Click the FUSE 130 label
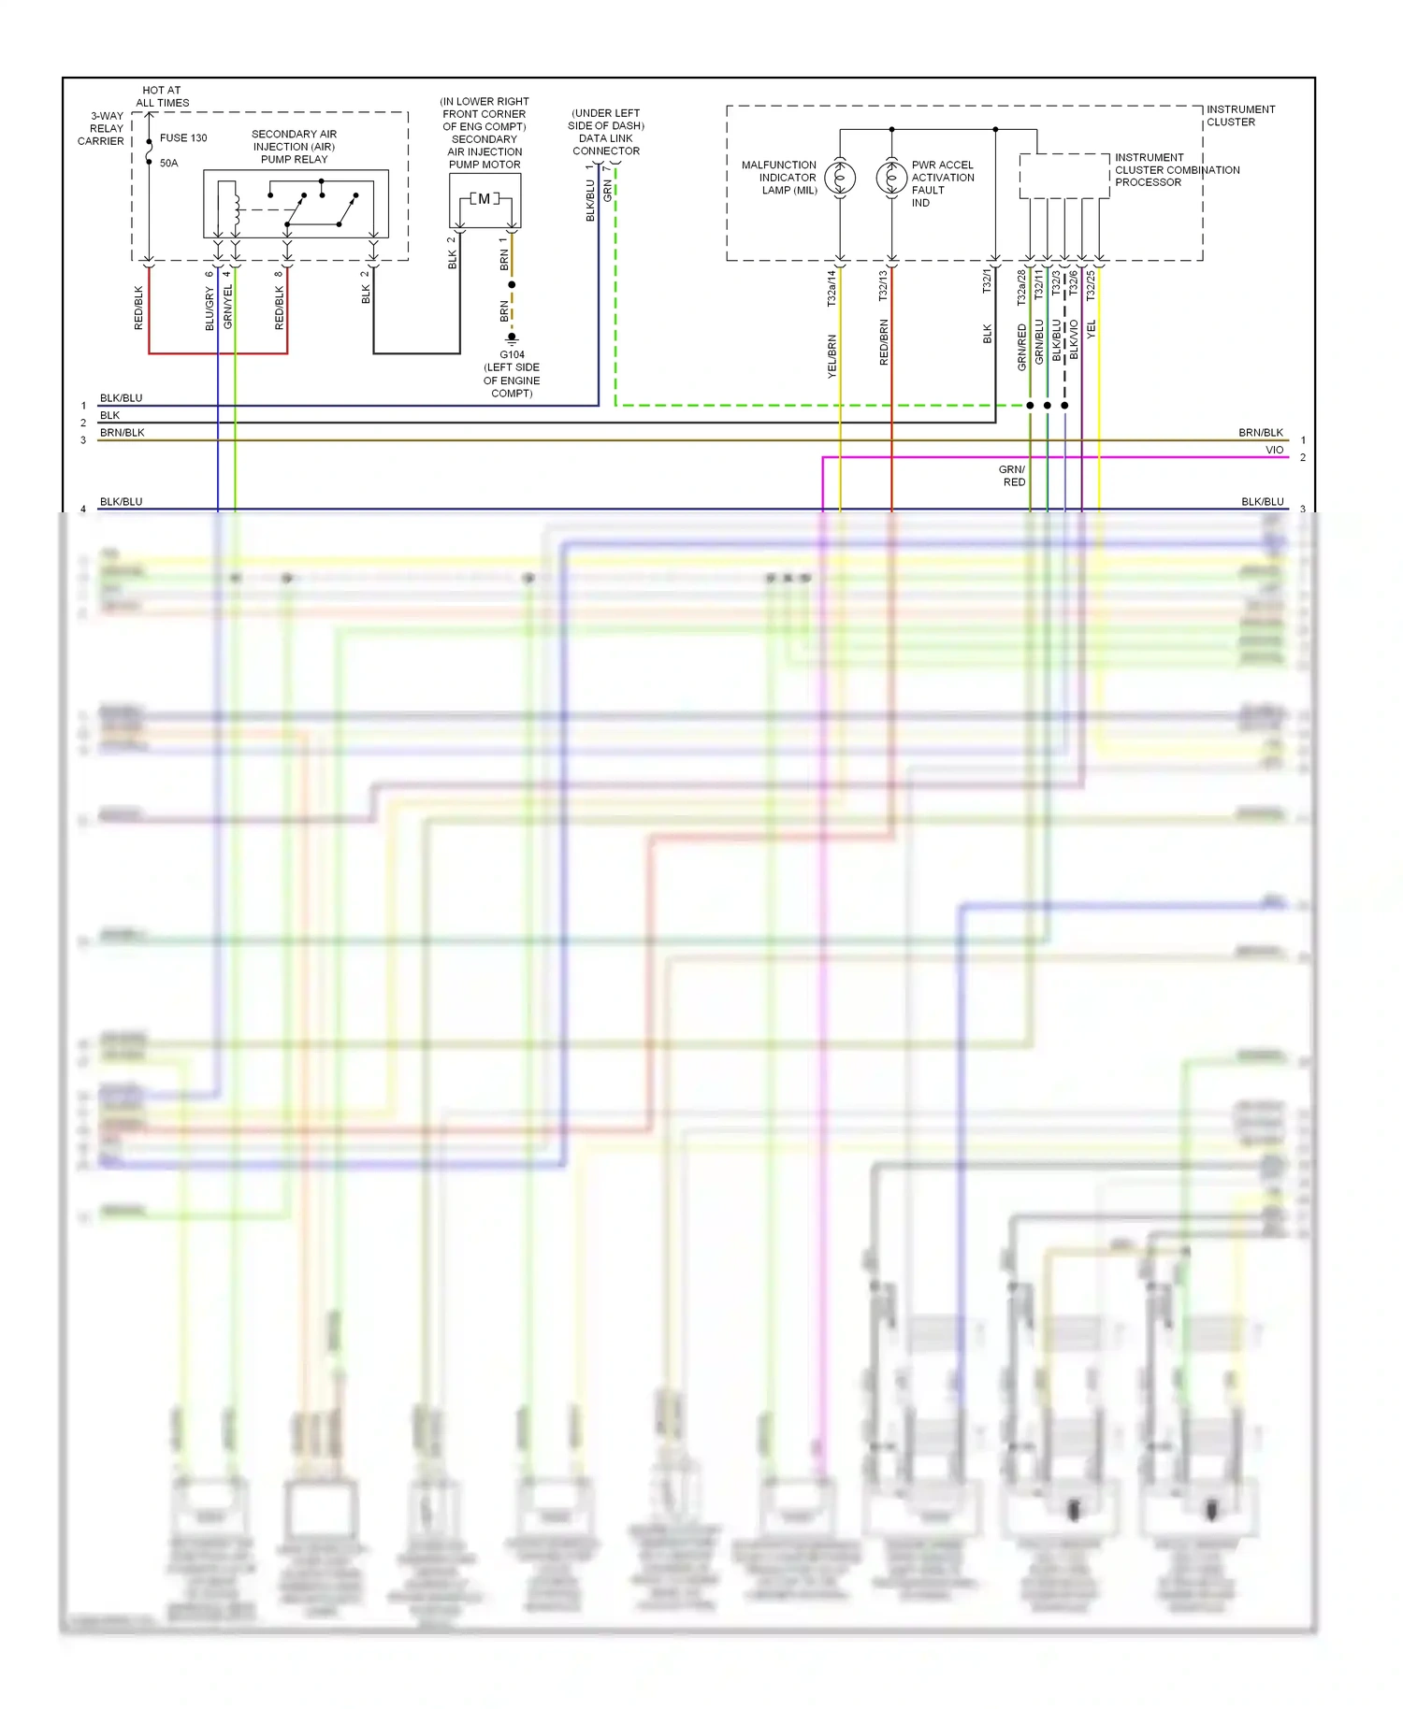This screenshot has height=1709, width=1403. (182, 137)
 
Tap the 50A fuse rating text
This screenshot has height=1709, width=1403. (168, 163)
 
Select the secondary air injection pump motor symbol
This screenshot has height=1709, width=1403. (485, 199)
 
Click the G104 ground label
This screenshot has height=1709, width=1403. (512, 354)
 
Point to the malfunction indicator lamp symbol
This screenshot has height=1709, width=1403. (840, 177)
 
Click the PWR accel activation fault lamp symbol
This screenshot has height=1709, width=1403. (891, 177)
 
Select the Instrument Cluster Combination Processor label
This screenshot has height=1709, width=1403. (1176, 170)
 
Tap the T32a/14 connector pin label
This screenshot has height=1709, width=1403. (831, 288)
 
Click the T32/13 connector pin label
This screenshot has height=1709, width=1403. (882, 286)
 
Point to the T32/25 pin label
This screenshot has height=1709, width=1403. (1090, 286)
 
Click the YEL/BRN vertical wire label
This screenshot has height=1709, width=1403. (832, 356)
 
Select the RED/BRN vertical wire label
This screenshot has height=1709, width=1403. (883, 342)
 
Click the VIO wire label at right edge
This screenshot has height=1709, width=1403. (1274, 450)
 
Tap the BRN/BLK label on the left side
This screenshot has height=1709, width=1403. (122, 433)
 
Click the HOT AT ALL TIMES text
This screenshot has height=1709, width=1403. (162, 96)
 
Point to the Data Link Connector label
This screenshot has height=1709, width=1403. (605, 132)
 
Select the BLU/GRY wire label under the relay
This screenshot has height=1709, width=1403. (210, 309)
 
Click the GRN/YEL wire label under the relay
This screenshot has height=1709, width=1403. (227, 307)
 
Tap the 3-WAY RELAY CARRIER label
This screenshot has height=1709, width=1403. (102, 129)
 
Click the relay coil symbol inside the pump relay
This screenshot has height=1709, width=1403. (237, 204)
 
